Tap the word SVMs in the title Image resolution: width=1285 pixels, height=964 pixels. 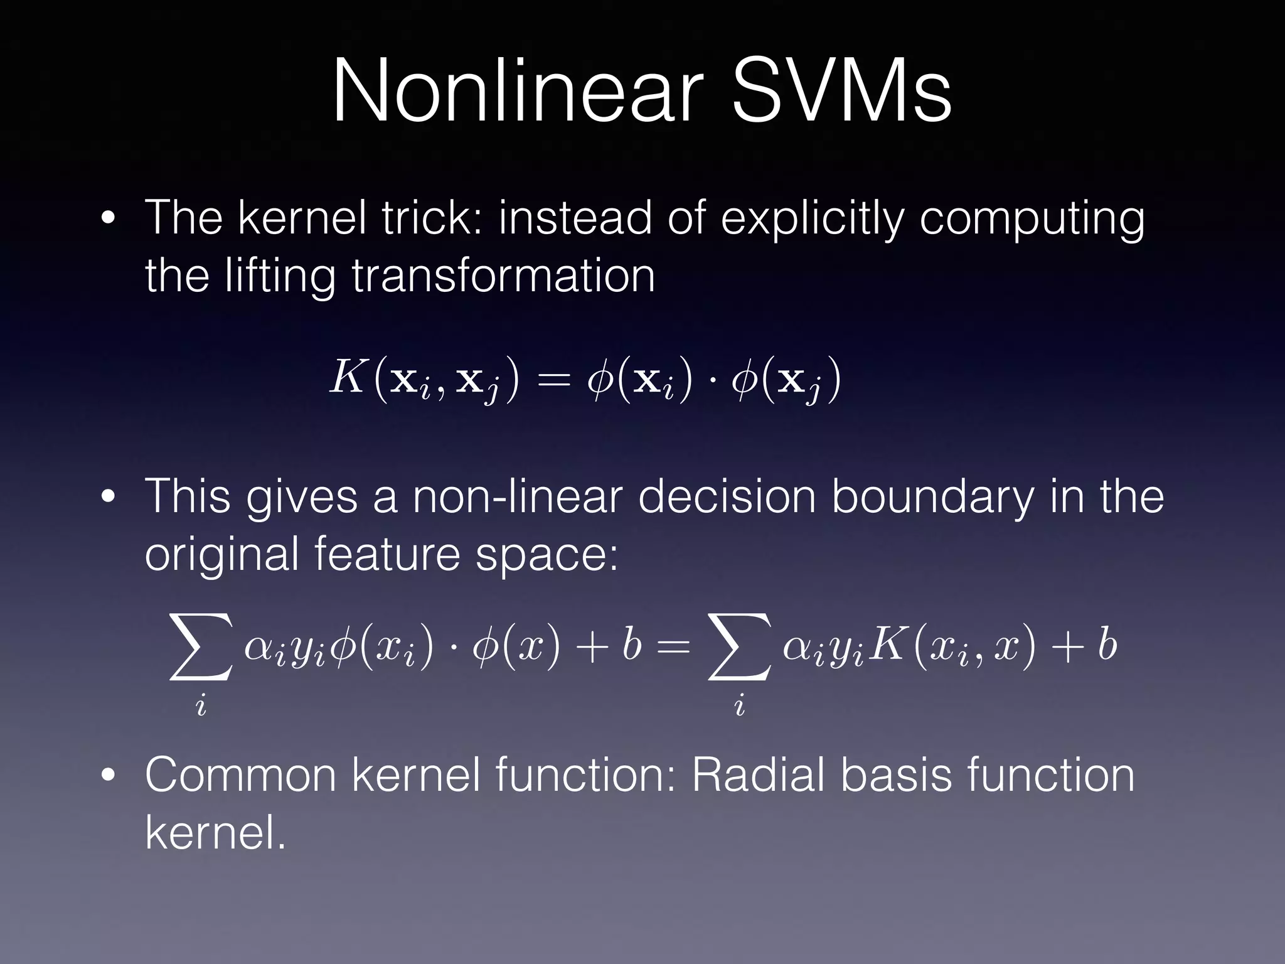(841, 93)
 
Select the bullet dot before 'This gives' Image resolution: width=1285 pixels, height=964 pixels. (109, 497)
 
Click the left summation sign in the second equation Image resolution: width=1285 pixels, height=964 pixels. (200, 647)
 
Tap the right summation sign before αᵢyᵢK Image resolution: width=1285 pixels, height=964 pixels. (739, 647)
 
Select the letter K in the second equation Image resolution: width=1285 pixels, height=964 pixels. (886, 645)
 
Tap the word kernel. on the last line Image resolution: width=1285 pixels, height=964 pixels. (215, 833)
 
